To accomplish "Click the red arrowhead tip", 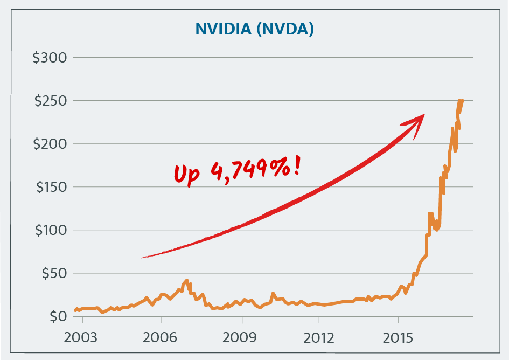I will coord(424,115).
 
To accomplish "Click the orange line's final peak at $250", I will coord(461,100).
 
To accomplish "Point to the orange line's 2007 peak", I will coord(186,280).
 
